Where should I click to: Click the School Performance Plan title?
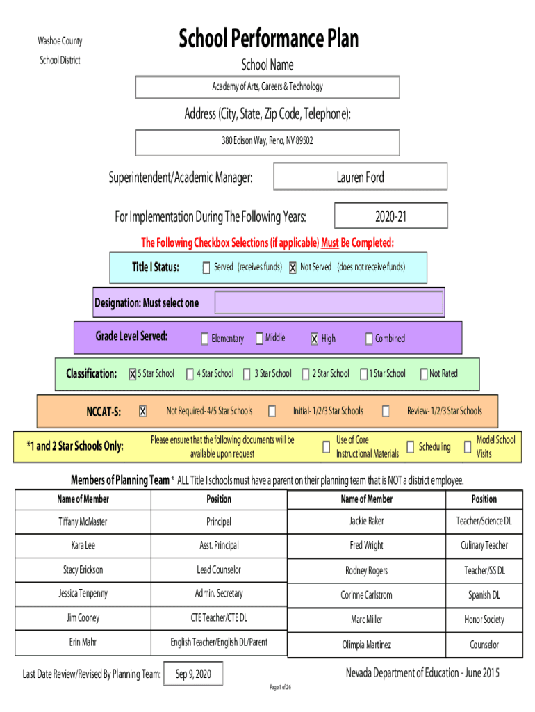(268, 38)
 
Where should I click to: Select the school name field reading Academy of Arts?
(267, 87)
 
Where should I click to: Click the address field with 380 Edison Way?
(267, 143)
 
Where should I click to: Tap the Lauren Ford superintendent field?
(361, 177)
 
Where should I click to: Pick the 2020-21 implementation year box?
(390, 216)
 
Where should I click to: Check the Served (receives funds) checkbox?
(206, 268)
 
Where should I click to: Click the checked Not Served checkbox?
(293, 268)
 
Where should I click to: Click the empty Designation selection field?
(329, 302)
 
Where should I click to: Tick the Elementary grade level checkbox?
(205, 339)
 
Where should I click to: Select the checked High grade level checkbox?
(315, 339)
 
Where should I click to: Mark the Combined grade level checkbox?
(369, 339)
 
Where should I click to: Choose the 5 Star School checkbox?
(133, 373)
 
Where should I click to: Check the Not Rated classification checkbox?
(424, 373)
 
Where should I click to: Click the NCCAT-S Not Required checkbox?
(142, 411)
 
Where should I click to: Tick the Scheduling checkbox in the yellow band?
(410, 447)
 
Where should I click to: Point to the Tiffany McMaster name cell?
(83, 521)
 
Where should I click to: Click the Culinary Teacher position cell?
(484, 545)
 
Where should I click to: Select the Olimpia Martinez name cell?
(367, 645)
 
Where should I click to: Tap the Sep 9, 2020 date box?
(193, 674)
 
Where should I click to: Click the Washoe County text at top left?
(60, 41)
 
